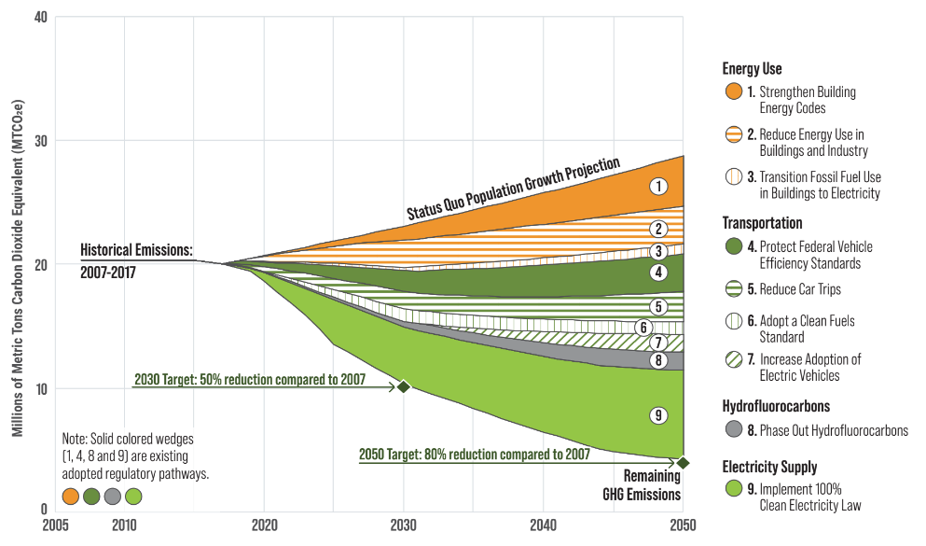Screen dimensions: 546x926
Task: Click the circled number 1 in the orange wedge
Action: (x=659, y=186)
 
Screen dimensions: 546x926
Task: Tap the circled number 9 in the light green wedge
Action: (x=659, y=415)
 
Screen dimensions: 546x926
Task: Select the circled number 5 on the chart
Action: (x=659, y=306)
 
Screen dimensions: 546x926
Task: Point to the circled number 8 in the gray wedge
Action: (x=659, y=360)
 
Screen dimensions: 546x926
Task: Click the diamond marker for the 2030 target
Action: (x=403, y=386)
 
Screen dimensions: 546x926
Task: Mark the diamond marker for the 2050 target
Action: (x=683, y=462)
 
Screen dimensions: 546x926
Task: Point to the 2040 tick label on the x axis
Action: (x=544, y=524)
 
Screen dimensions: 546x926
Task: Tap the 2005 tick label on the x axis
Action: (x=55, y=524)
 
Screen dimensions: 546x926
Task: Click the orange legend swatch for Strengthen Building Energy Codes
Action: (x=735, y=92)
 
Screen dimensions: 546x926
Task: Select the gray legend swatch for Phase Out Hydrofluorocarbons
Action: (x=735, y=430)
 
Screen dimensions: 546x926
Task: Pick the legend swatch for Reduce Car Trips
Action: (x=735, y=289)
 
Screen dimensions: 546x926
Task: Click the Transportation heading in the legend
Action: (x=762, y=223)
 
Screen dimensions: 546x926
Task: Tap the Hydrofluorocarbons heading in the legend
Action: (x=775, y=407)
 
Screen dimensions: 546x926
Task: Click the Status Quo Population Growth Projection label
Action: (x=513, y=189)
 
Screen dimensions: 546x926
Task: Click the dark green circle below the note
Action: (x=91, y=497)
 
